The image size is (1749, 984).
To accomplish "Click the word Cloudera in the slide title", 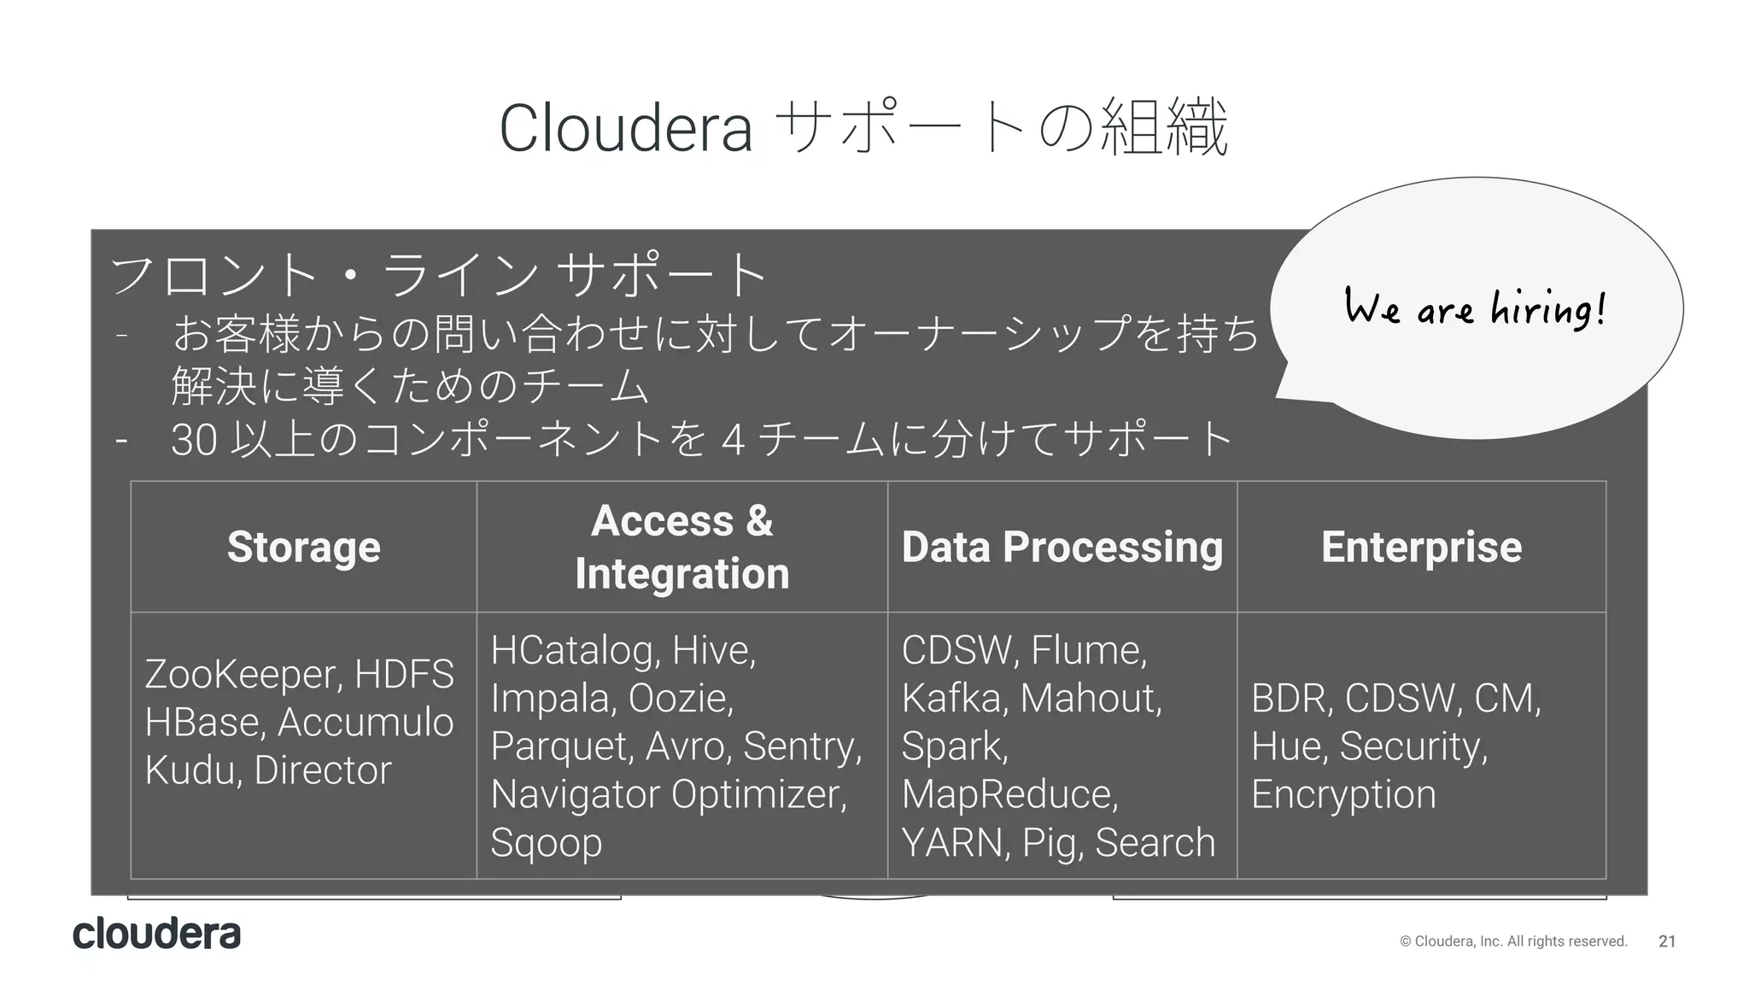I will (626, 128).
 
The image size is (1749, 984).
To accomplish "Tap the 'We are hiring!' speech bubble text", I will (1475, 307).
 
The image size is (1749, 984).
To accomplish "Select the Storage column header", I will (303, 547).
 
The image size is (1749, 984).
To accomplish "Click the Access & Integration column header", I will (681, 547).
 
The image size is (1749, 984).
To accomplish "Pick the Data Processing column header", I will (1062, 547).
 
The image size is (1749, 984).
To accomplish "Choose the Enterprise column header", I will (1421, 547).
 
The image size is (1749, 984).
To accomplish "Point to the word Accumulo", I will (366, 723).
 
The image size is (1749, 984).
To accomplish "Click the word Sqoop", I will (547, 843).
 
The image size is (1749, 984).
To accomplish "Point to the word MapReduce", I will (1009, 794).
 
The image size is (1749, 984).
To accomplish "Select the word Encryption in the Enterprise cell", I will (1343, 794).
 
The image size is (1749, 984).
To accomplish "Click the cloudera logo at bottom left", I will (157, 934).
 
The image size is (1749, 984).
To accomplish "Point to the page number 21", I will (1666, 941).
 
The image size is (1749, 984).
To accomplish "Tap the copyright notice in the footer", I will (1513, 941).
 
